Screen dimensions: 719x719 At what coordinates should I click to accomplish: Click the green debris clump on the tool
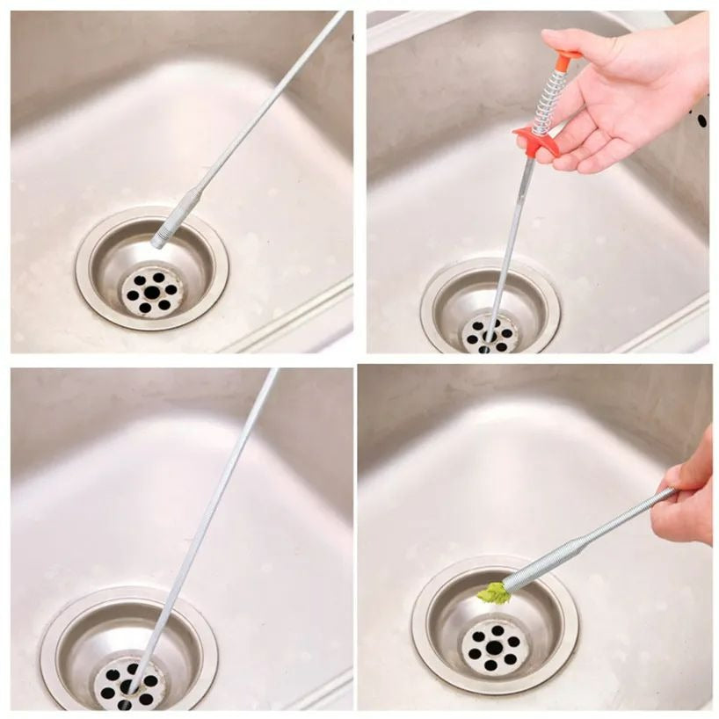495,594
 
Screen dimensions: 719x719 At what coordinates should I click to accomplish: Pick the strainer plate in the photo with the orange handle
491,333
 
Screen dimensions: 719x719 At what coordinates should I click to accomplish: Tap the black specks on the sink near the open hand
700,119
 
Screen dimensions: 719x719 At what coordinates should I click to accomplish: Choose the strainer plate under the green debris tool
494,648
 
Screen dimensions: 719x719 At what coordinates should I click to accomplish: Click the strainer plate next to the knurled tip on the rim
152,291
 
